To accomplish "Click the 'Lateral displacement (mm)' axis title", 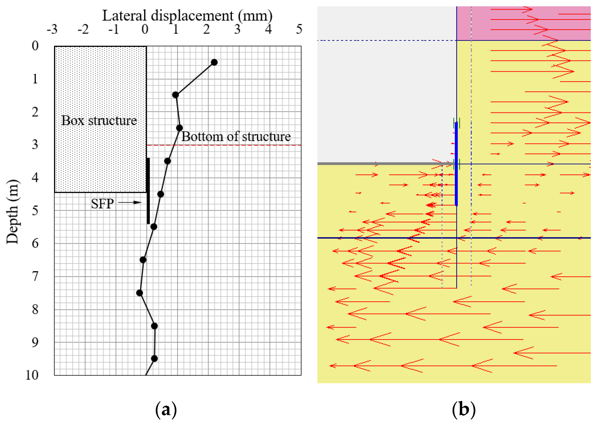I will tap(187, 16).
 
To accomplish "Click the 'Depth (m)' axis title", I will tap(12, 211).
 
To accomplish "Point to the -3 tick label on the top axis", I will tap(52, 29).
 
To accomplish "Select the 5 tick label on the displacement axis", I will tap(299, 29).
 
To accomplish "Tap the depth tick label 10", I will tap(32, 375).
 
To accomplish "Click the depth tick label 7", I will tap(35, 276).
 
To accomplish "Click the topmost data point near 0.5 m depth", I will tap(214, 62).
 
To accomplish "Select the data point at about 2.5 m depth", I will tap(179, 128).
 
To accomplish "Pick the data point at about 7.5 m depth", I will tap(140, 293).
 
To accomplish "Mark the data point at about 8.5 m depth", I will tap(154, 326).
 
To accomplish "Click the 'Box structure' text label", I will tap(99, 121).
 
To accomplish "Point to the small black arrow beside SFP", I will tap(130, 202).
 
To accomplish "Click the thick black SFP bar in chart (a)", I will tap(148, 191).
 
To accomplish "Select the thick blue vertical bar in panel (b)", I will tap(456, 164).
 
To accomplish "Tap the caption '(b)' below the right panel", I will tap(464, 409).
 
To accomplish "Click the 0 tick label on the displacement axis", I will tap(145, 29).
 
